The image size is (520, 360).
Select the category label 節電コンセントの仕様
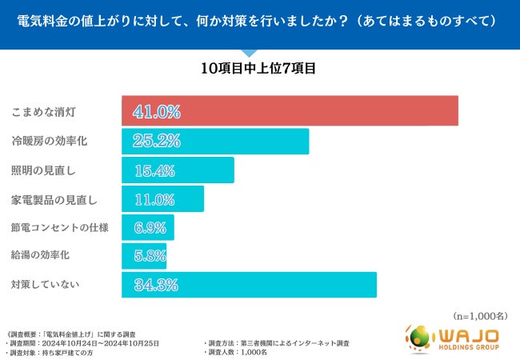click(59, 228)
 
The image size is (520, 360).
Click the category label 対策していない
click(44, 285)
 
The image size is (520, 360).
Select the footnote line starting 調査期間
click(83, 342)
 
